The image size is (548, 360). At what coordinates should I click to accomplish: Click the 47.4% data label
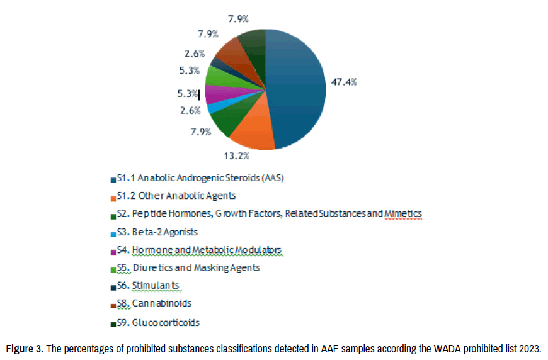(345, 82)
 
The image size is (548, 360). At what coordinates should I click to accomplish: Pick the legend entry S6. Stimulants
(148, 286)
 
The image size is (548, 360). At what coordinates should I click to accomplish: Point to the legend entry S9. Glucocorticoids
(157, 322)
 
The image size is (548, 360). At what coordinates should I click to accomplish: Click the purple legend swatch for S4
(112, 251)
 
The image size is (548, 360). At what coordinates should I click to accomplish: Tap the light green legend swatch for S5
(112, 269)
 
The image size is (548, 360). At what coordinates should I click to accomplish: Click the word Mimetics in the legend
(403, 214)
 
